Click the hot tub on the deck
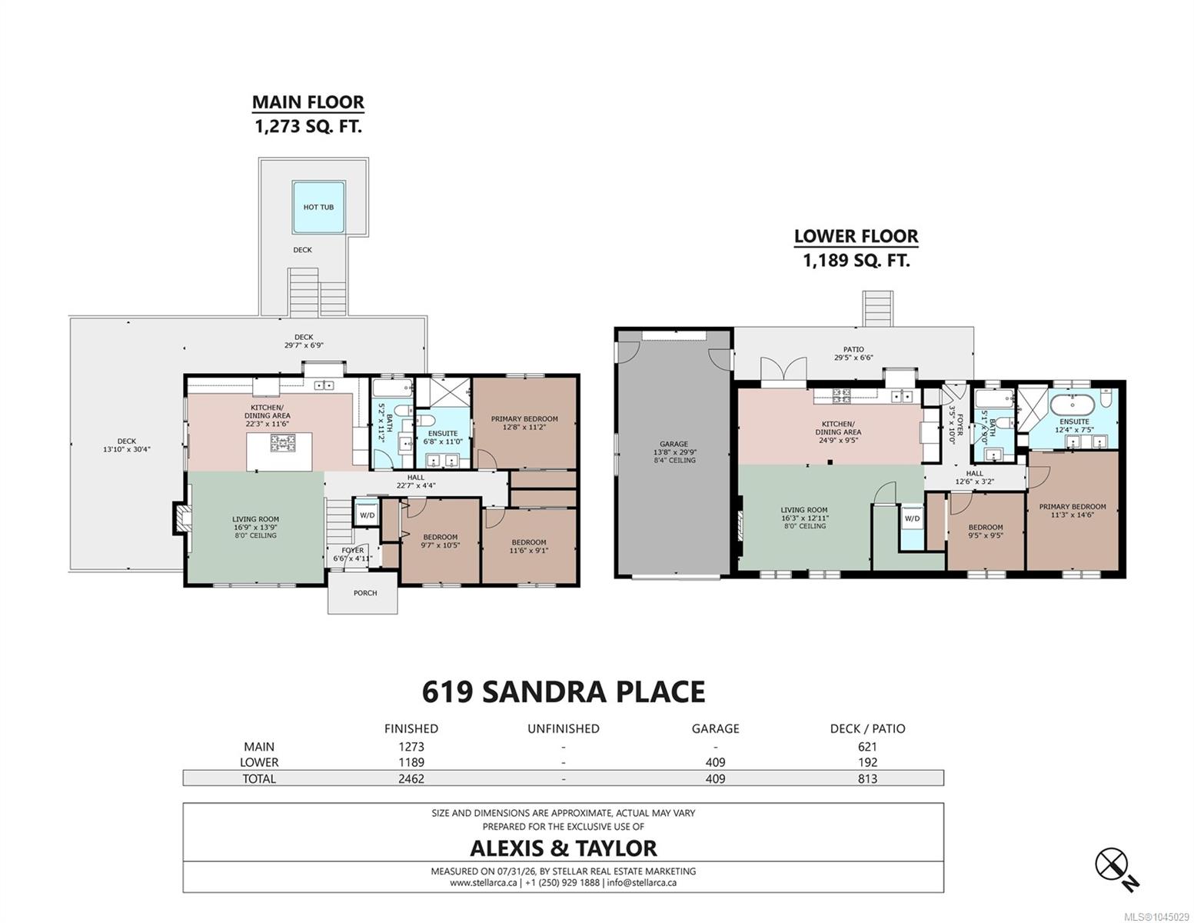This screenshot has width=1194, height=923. [318, 207]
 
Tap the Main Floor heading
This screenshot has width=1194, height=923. [308, 102]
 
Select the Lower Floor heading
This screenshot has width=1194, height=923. [856, 236]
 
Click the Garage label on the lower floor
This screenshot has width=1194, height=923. [673, 444]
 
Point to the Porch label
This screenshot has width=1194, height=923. [365, 593]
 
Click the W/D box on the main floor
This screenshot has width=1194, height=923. [367, 515]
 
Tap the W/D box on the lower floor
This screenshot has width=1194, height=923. [912, 518]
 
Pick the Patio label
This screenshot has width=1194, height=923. [853, 349]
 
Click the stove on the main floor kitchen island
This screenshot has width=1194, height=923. [282, 442]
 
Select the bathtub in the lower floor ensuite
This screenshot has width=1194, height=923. [1072, 405]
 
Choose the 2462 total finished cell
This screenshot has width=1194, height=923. [411, 778]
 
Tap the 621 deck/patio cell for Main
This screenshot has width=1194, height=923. [867, 747]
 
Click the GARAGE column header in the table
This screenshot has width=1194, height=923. [715, 728]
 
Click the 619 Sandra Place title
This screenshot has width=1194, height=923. [564, 692]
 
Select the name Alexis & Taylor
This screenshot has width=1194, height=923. [564, 848]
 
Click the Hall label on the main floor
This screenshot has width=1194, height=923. [415, 477]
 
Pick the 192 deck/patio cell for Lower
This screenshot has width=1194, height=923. [867, 762]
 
